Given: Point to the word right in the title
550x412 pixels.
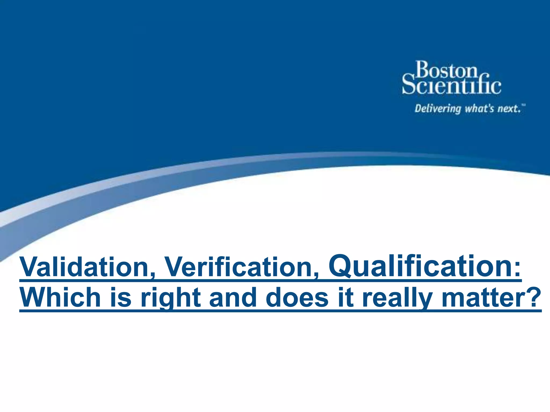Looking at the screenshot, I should click(x=171, y=298).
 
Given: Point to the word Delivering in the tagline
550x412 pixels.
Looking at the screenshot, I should click(x=438, y=109).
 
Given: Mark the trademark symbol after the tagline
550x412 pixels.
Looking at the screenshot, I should click(x=523, y=105).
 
